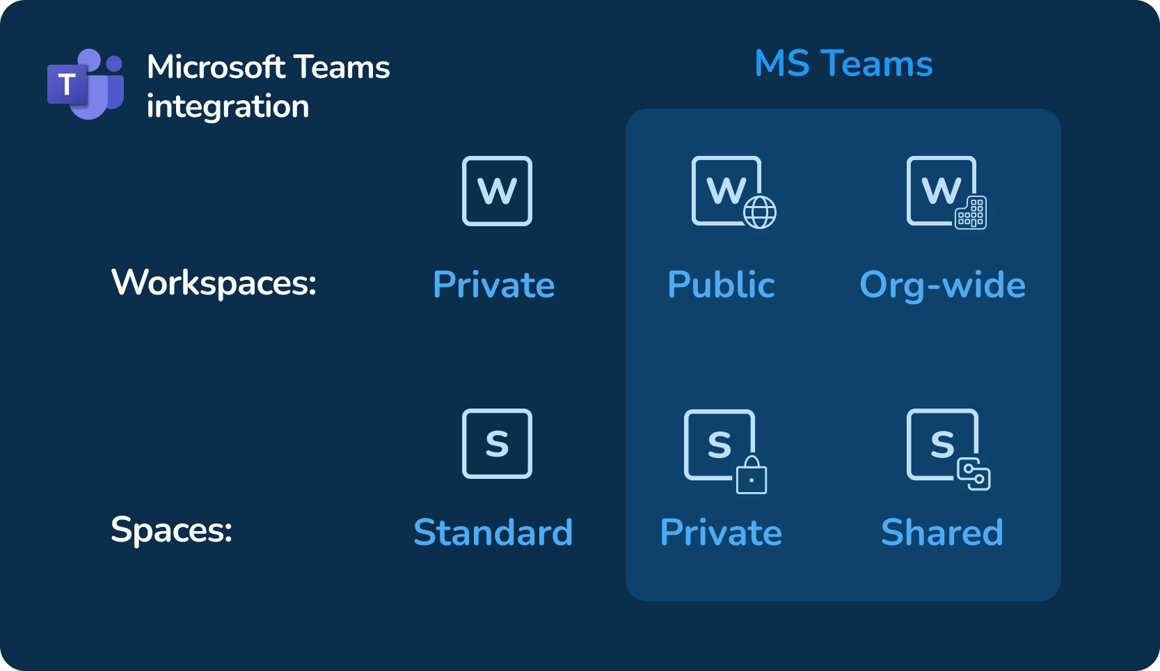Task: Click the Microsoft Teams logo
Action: coord(86,84)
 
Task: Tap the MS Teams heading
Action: coord(843,64)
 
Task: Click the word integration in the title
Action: coord(228,107)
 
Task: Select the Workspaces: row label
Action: coord(214,283)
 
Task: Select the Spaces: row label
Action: coord(171,530)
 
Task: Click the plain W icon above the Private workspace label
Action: coord(497,191)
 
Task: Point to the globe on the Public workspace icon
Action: coord(760,212)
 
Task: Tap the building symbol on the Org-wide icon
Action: coord(971,212)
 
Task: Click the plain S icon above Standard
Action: coord(497,443)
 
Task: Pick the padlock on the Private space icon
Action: coord(752,475)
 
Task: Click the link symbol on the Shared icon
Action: coord(974,474)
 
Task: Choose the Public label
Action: coord(721,285)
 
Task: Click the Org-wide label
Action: coord(942,285)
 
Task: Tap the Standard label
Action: coord(493,532)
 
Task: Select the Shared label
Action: coord(942,532)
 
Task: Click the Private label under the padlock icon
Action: coord(721,532)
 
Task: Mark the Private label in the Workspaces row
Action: coord(493,285)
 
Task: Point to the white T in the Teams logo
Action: coord(67,84)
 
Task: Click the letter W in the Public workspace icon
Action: coord(726,191)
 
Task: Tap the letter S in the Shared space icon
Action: coord(942,444)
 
